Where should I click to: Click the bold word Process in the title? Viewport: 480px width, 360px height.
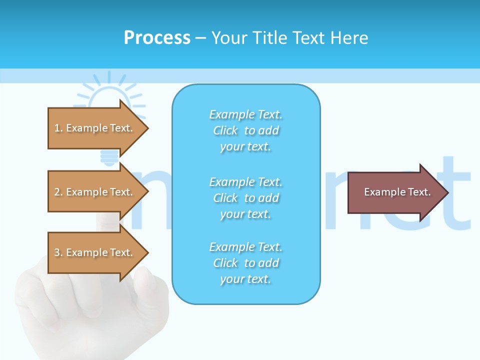157,38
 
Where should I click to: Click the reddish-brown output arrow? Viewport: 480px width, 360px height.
395,192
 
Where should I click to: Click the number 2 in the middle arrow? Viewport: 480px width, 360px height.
57,192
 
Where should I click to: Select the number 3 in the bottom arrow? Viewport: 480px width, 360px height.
57,252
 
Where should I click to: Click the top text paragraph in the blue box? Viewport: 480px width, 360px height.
245,130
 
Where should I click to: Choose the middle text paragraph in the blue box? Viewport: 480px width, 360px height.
245,198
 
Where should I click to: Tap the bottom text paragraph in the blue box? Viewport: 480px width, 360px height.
245,263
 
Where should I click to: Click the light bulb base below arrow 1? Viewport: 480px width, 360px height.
108,157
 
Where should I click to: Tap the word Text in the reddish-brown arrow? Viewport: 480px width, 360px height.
419,192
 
